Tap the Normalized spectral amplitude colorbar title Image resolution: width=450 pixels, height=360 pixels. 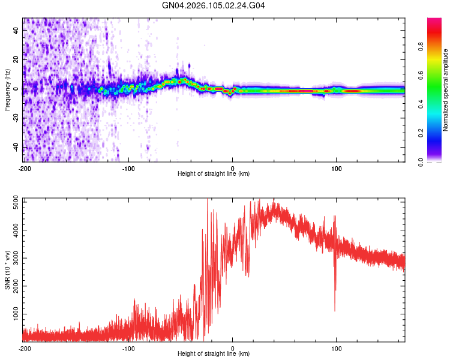(446, 90)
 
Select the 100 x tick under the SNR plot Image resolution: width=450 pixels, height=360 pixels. (337, 348)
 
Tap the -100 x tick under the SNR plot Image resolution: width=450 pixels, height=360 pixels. (128, 348)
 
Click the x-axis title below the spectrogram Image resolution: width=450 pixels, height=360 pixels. (214, 174)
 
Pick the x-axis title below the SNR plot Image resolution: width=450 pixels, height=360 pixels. (214, 354)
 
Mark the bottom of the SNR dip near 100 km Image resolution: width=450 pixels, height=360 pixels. (335, 311)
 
